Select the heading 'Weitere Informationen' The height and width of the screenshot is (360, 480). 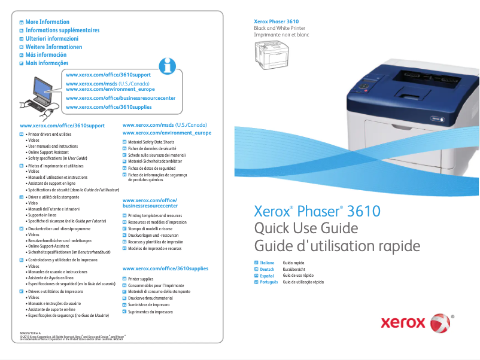[x=53, y=47]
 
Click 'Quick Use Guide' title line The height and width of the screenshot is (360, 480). [x=306, y=228]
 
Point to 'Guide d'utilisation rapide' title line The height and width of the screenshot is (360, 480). [x=337, y=246]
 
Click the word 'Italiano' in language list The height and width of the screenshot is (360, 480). [x=267, y=263]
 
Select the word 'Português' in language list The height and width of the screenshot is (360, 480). [x=269, y=282]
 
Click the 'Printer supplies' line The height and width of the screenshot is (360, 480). [x=141, y=279]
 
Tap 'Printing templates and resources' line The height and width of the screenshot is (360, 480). [x=155, y=215]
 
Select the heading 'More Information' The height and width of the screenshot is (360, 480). [x=47, y=22]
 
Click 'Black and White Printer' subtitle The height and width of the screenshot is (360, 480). [x=280, y=28]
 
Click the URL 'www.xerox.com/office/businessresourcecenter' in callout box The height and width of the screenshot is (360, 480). [x=120, y=98]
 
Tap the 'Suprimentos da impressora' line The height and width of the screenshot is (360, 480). [x=150, y=312]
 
